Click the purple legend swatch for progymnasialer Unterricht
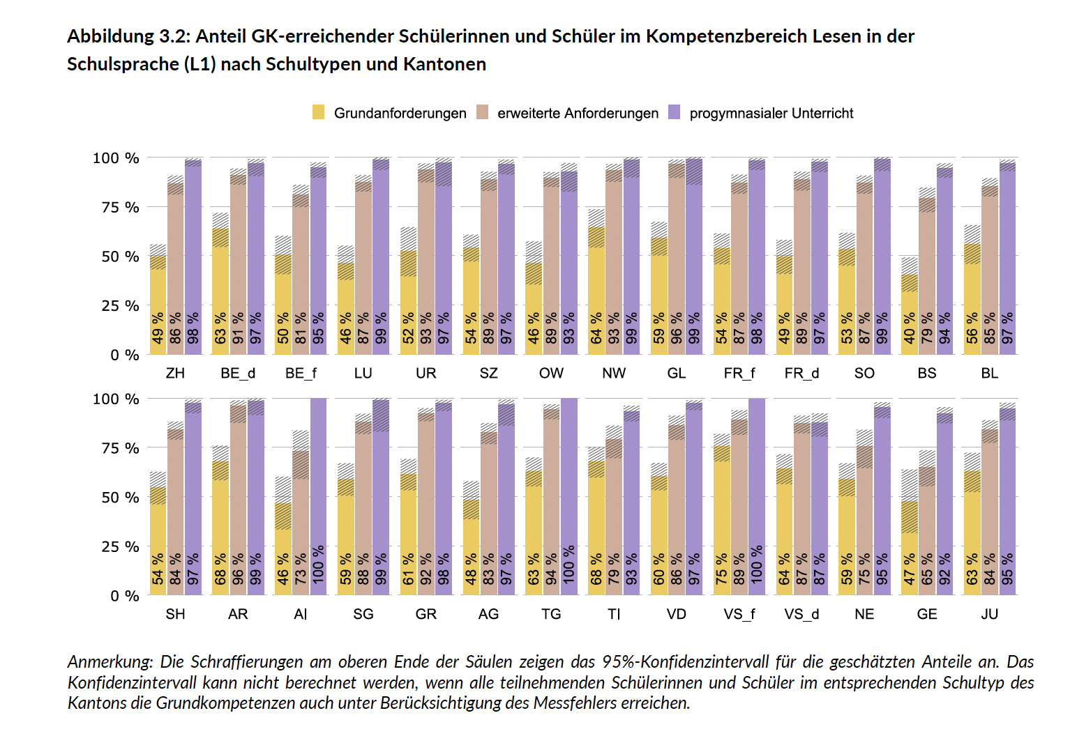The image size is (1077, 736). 674,112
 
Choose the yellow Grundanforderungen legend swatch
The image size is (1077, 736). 319,112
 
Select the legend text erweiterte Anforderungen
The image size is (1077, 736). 578,113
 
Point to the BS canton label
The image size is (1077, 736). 926,373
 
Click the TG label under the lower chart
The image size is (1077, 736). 551,614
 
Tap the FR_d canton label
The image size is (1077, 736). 801,373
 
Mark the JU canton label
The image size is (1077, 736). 989,614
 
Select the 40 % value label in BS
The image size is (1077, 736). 910,328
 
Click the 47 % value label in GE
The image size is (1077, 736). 910,569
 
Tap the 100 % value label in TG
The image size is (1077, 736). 569,565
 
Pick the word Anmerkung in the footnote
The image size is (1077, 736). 110,661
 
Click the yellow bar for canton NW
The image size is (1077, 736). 596,293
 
